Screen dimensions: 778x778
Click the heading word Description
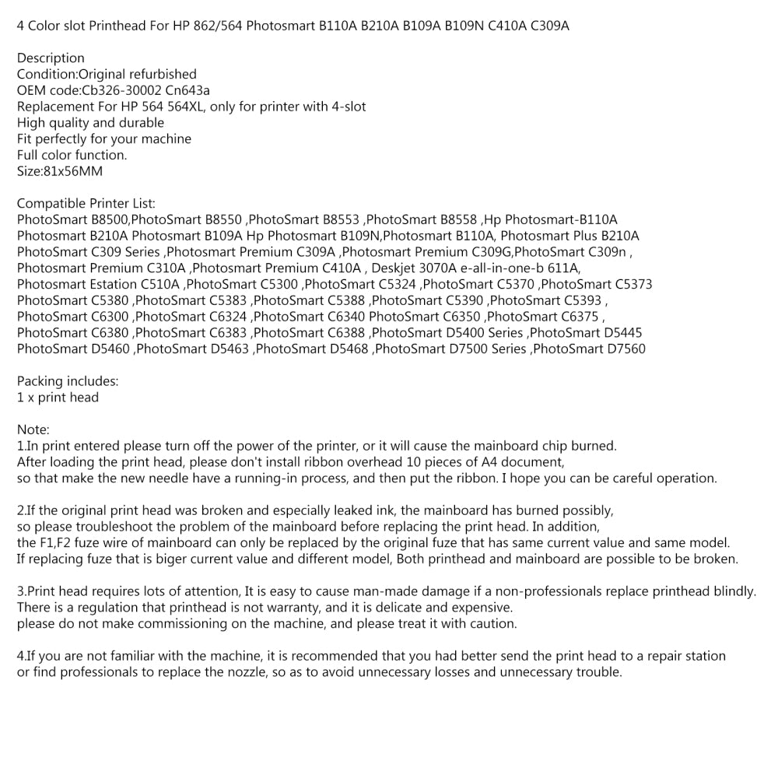(51, 58)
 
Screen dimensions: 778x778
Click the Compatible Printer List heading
(86, 204)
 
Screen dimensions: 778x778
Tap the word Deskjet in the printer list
(397, 268)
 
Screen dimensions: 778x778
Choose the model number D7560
(620, 349)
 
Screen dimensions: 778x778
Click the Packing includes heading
(68, 382)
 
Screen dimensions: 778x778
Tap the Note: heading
(33, 430)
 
